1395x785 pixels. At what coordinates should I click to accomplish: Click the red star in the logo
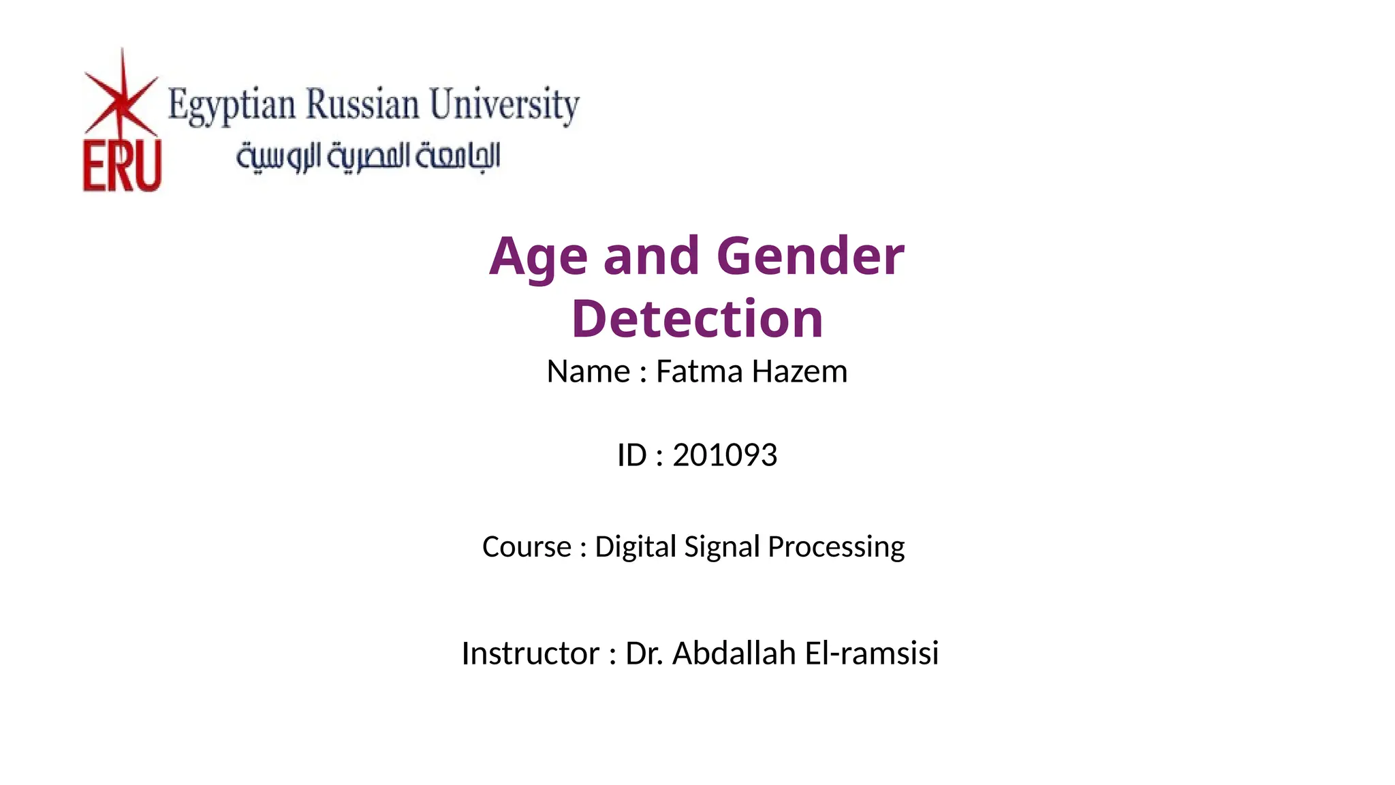121,99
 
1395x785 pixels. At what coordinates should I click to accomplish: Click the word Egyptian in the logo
232,106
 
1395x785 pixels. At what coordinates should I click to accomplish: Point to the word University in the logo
504,105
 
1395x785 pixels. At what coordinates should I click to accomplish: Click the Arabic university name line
368,157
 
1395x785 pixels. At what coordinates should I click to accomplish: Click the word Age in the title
538,257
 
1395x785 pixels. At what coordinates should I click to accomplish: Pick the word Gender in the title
810,257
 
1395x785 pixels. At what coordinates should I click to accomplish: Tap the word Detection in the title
697,319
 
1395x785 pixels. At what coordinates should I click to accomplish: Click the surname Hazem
800,372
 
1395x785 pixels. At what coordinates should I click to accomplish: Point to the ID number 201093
725,455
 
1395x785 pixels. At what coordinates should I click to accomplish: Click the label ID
631,455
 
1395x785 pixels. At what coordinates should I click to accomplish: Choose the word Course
527,547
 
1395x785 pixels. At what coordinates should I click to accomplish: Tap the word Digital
636,547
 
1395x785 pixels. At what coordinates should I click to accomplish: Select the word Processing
836,547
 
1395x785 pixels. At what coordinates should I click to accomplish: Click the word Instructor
530,653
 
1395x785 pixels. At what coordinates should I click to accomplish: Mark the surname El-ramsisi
872,653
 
